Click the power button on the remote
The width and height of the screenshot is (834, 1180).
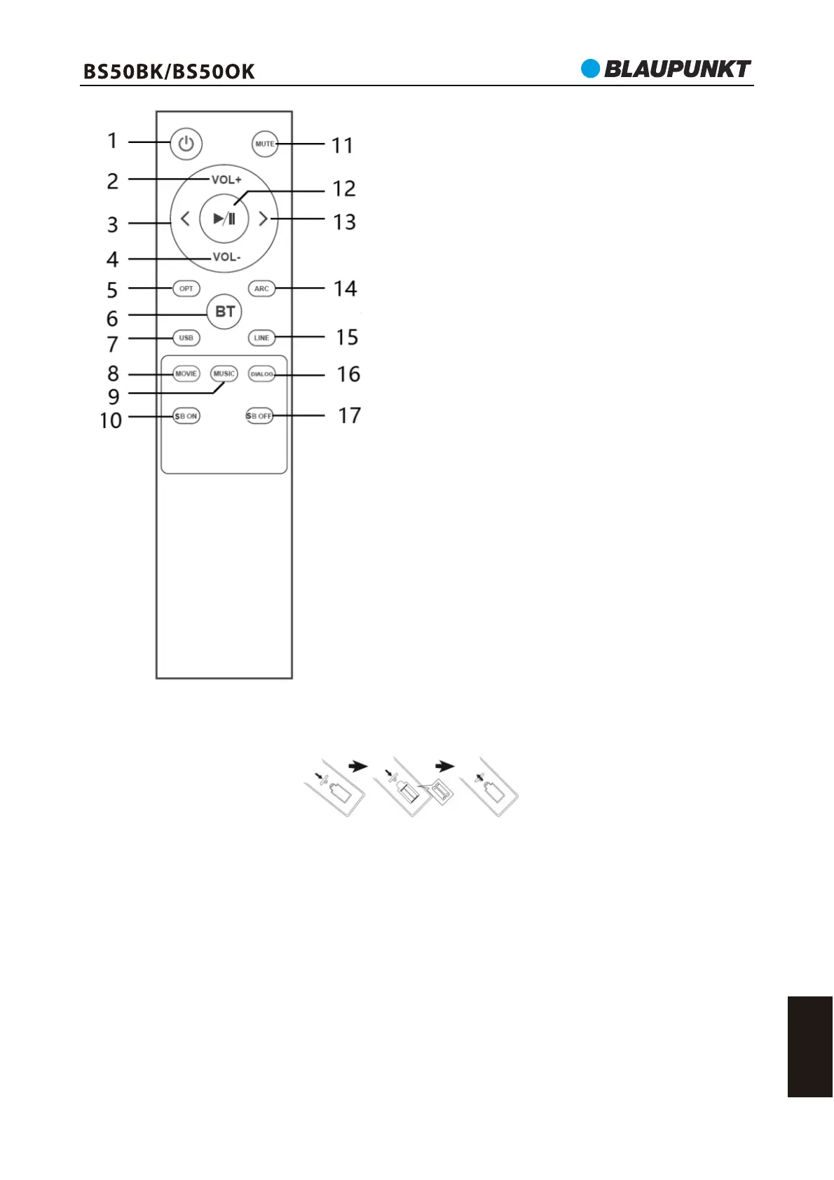pos(186,143)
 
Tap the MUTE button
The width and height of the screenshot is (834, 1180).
pos(264,144)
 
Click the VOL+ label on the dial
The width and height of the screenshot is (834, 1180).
pos(226,179)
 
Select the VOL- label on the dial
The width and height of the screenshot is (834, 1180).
pos(226,257)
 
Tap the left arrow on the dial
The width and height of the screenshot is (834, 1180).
pos(185,219)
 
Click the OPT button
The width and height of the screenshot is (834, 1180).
pos(186,289)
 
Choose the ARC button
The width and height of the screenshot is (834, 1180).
pos(261,289)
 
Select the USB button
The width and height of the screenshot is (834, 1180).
pos(186,338)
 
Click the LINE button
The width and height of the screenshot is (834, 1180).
pos(261,338)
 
